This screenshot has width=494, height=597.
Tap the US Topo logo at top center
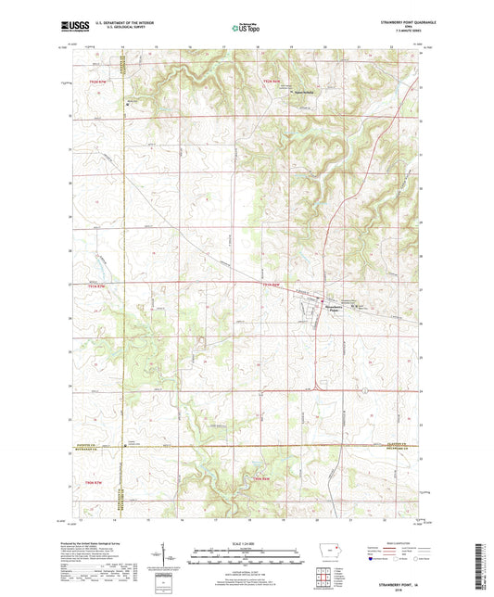(244, 29)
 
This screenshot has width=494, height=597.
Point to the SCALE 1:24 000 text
(246, 543)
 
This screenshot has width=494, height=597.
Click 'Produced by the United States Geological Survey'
(100, 540)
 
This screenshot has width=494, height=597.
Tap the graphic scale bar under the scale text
(246, 556)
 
